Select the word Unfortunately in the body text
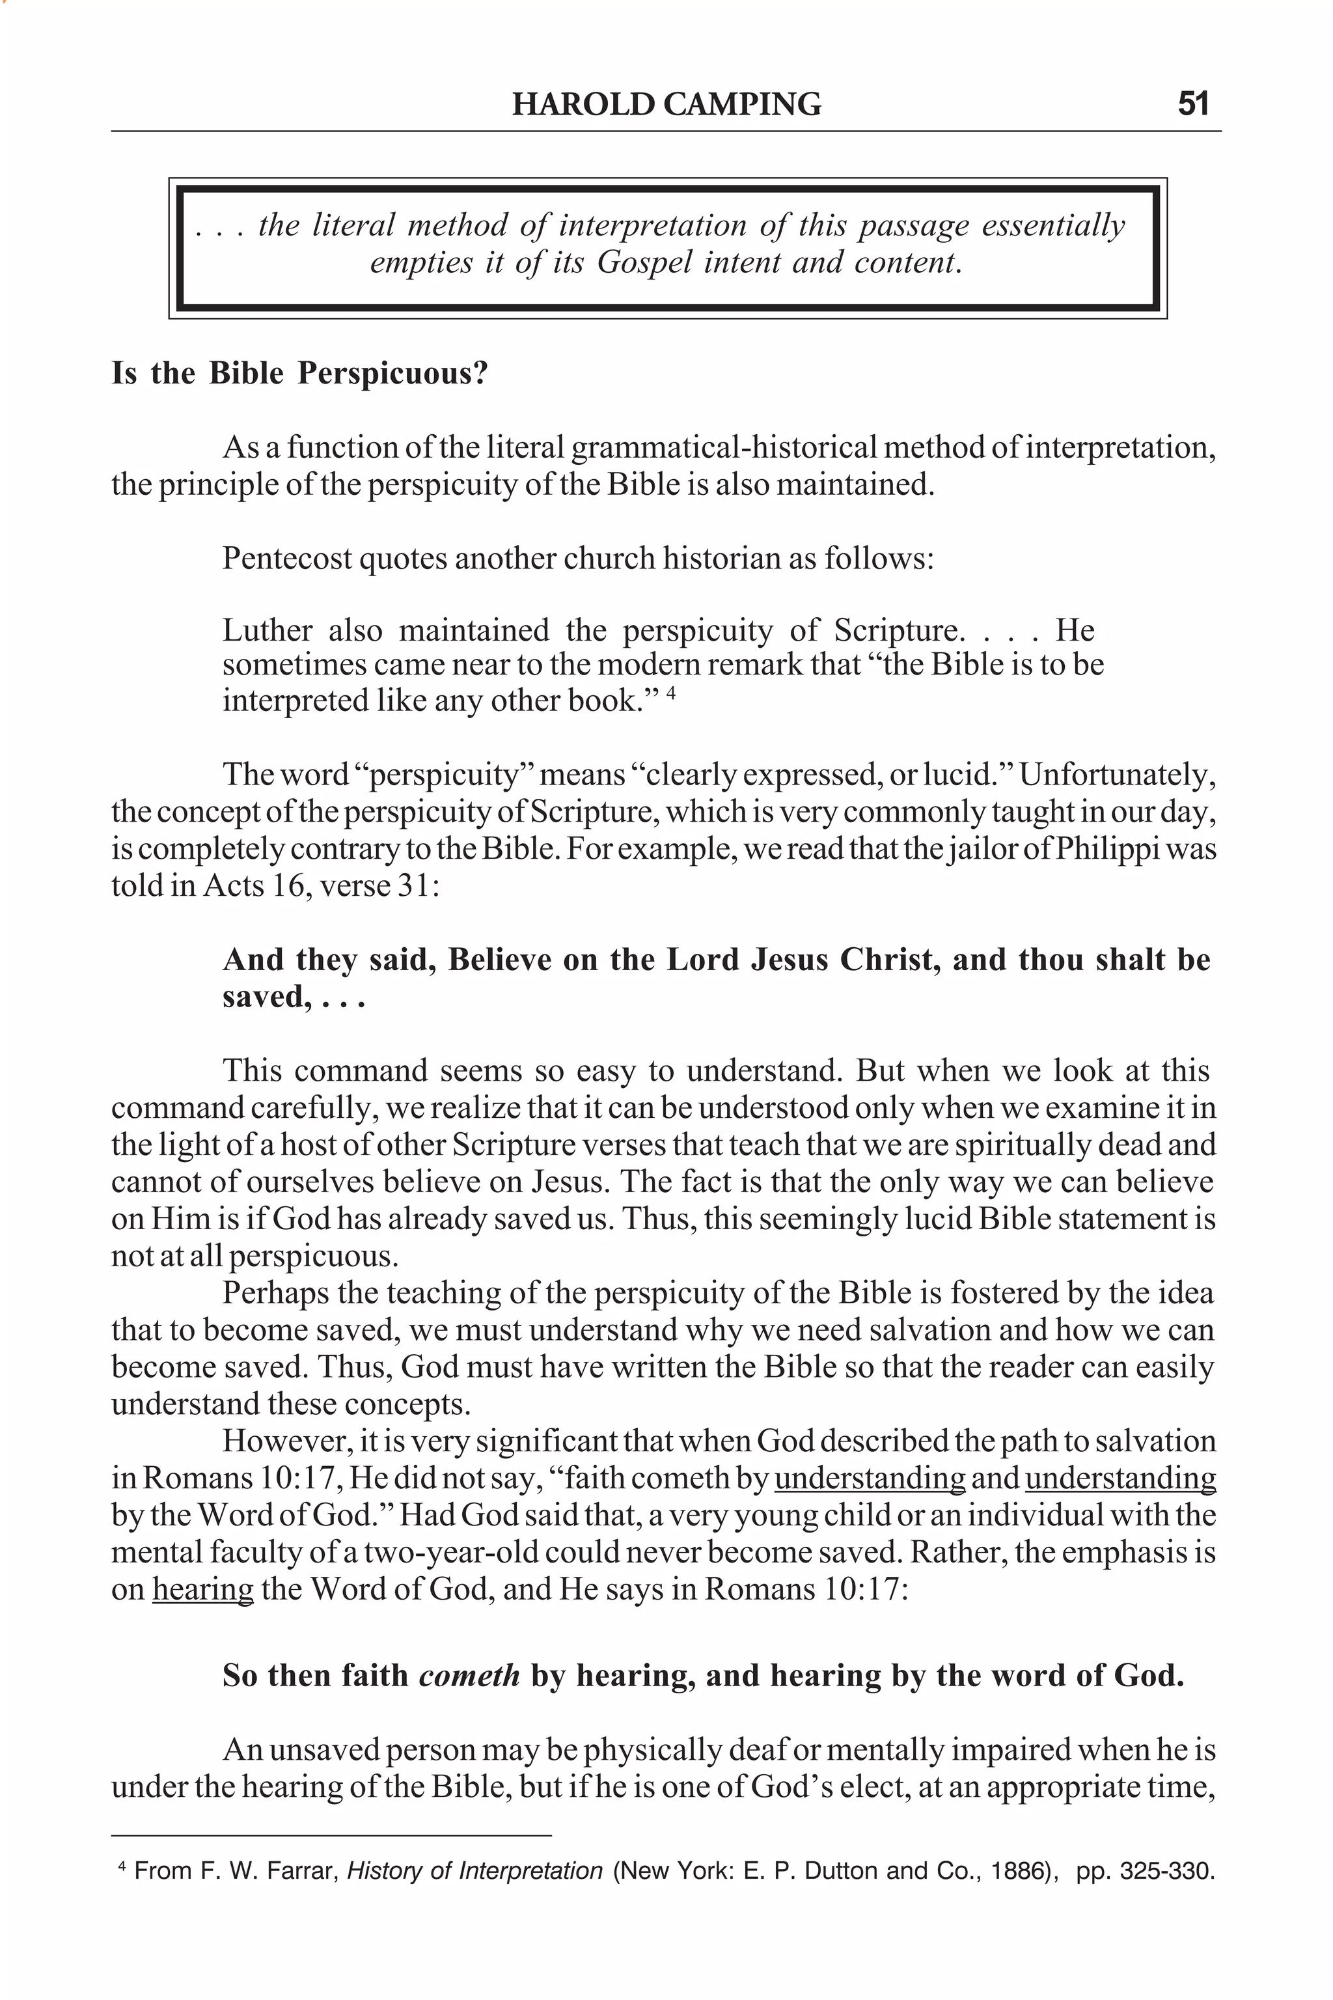1117,775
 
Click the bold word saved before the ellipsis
264,997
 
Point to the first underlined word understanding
870,1478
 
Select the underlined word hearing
202,1589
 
